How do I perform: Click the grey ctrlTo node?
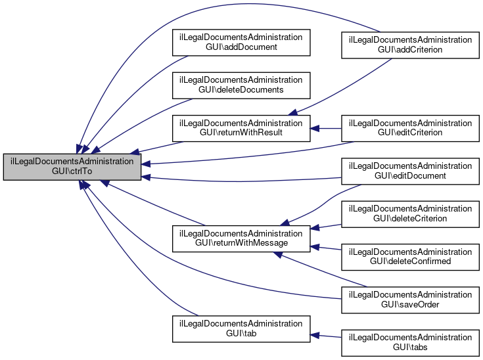[x=72, y=168]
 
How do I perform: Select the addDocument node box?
[x=241, y=43]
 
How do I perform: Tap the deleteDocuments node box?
[x=241, y=84]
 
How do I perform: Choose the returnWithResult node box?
[x=241, y=127]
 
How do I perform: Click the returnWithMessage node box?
[x=241, y=238]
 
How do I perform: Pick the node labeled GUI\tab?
[x=241, y=328]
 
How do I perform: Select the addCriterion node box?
[x=410, y=45]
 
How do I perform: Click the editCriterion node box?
[x=410, y=127]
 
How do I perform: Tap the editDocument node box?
[x=410, y=171]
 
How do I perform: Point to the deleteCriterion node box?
[x=410, y=214]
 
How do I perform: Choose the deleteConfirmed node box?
[x=410, y=256]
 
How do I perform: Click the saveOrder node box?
[x=410, y=300]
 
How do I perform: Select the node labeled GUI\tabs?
[x=410, y=342]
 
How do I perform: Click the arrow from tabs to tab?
[x=326, y=336]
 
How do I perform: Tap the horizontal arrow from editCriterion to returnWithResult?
[x=326, y=127]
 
